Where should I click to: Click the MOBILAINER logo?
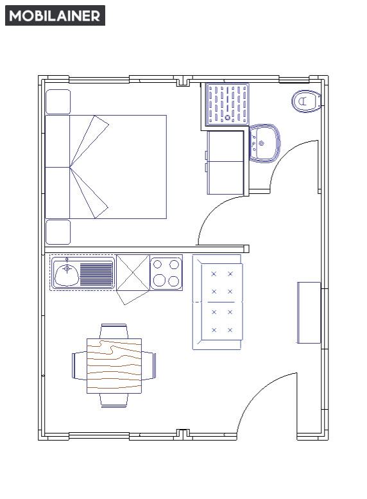point(55,15)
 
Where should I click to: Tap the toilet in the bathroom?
point(306,101)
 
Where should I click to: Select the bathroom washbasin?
point(264,143)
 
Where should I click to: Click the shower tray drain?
point(228,118)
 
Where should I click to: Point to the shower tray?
point(228,104)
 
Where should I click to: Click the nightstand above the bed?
point(58,102)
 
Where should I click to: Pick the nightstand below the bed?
point(58,232)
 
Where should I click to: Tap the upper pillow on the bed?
point(58,141)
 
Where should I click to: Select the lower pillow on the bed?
point(58,193)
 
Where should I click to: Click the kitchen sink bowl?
point(67,274)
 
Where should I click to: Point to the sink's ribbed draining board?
point(96,274)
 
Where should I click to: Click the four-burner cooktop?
point(166,274)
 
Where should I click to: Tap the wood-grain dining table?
point(114,365)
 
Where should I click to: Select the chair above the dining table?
point(114,331)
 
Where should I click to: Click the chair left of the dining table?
point(80,365)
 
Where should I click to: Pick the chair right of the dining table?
point(149,365)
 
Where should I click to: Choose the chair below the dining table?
point(114,400)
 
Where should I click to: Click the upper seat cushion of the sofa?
point(222,283)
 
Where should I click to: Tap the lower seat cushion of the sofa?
point(222,321)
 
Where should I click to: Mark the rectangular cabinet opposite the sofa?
point(309,313)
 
